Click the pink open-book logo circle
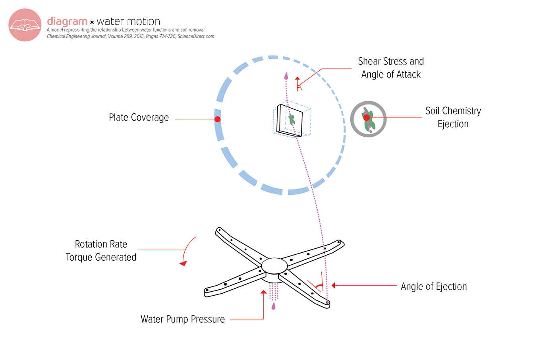pyautogui.click(x=25, y=25)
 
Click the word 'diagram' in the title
pyautogui.click(x=67, y=21)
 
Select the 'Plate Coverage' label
pyautogui.click(x=139, y=118)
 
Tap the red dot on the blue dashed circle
pyautogui.click(x=218, y=119)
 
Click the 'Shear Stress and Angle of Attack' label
pyautogui.click(x=391, y=68)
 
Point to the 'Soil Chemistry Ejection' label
pyautogui.click(x=453, y=117)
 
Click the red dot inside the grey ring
pyautogui.click(x=367, y=118)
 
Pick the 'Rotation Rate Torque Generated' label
pyautogui.click(x=101, y=251)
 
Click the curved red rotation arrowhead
pyautogui.click(x=183, y=263)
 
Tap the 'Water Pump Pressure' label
pyautogui.click(x=183, y=319)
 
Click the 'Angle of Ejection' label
pyautogui.click(x=434, y=286)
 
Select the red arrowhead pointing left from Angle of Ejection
pyautogui.click(x=334, y=285)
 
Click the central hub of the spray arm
pyautogui.click(x=274, y=265)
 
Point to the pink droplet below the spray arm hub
pyautogui.click(x=273, y=306)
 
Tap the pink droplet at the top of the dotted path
pyautogui.click(x=286, y=75)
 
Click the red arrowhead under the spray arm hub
pyautogui.click(x=263, y=292)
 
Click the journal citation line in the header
pyautogui.click(x=130, y=37)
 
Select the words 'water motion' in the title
pyautogui.click(x=128, y=21)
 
